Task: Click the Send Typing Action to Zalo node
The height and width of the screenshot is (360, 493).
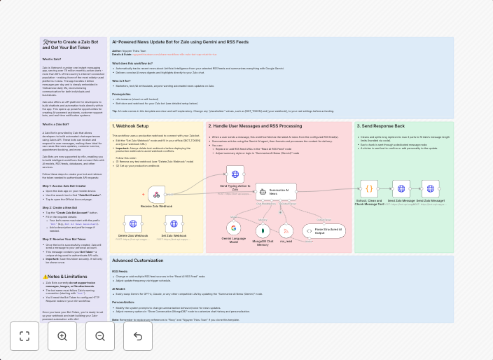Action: [x=235, y=174]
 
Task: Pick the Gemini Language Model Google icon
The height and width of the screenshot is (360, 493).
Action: [x=233, y=228]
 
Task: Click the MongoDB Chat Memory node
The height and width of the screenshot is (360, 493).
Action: [x=263, y=230]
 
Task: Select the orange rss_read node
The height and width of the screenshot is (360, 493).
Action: [x=286, y=230]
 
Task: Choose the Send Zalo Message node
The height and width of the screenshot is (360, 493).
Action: [x=401, y=188]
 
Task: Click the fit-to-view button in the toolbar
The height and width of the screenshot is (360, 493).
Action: [x=25, y=336]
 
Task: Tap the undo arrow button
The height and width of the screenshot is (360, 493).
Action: [x=138, y=336]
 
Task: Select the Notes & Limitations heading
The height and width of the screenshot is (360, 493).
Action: [x=64, y=277]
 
